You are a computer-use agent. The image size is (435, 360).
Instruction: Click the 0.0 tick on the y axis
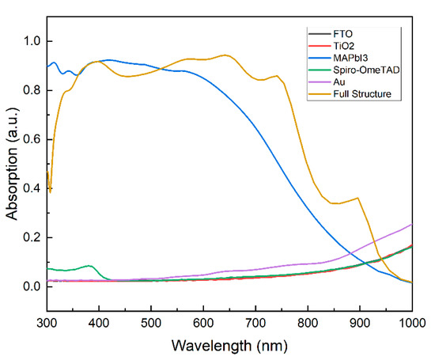point(30,286)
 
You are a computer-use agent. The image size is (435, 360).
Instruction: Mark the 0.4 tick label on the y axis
point(30,188)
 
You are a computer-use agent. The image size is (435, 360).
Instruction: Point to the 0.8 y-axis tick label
point(30,90)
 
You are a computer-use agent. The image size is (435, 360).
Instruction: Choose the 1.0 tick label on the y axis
point(30,41)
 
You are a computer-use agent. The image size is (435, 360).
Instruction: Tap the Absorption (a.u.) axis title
point(11,164)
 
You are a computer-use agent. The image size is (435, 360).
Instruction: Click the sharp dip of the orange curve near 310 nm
point(51,191)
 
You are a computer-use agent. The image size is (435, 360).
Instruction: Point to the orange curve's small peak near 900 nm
point(358,198)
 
